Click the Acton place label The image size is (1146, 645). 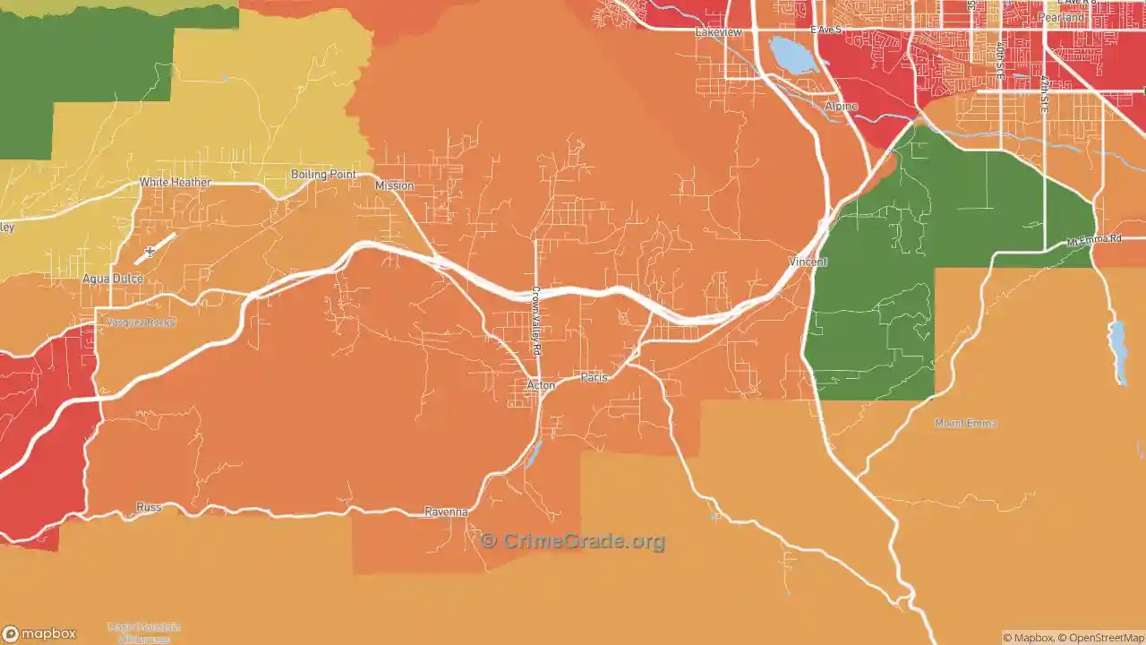(541, 385)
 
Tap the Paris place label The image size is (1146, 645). (594, 377)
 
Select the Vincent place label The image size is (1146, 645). (808, 262)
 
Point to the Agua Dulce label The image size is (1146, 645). (113, 279)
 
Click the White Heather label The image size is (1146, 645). (175, 183)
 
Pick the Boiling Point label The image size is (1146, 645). (323, 175)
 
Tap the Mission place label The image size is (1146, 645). (394, 185)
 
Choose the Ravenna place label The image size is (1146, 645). (446, 512)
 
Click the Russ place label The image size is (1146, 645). (149, 508)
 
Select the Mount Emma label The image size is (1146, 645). (965, 423)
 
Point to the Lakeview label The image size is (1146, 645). (719, 32)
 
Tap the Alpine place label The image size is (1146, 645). (841, 107)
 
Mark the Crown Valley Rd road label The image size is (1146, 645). (535, 320)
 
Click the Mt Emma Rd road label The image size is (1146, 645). (1094, 240)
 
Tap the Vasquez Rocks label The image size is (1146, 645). (141, 322)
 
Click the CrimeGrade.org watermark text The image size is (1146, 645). (573, 541)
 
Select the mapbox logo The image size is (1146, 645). (39, 634)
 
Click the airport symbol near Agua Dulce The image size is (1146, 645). (150, 252)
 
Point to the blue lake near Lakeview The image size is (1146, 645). (790, 55)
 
